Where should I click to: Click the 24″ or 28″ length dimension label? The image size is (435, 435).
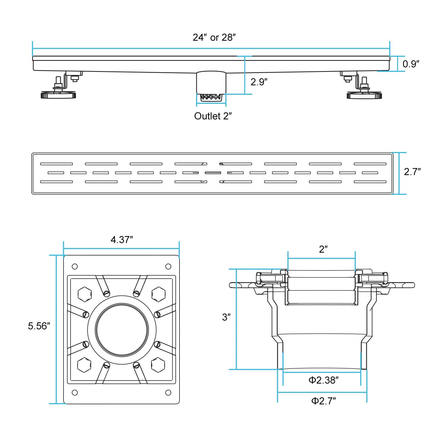(214, 37)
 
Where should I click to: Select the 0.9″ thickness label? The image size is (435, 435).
(411, 64)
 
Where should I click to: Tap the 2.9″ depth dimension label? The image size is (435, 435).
(259, 82)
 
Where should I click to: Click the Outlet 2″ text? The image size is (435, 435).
(213, 116)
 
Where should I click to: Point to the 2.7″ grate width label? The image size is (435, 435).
(412, 172)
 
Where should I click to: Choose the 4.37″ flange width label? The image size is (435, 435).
(122, 240)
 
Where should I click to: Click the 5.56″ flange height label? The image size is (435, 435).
(39, 326)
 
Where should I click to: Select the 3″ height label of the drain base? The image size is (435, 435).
(226, 317)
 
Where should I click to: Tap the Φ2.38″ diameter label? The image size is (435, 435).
(323, 380)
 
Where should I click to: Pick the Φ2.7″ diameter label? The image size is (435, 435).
(323, 401)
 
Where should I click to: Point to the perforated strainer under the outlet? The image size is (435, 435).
(211, 97)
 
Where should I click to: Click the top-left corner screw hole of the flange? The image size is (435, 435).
(75, 267)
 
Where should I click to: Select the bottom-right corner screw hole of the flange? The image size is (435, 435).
(168, 393)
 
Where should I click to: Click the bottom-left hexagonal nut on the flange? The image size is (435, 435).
(84, 365)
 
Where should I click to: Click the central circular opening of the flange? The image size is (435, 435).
(122, 330)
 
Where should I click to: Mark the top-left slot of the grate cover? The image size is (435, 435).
(56, 164)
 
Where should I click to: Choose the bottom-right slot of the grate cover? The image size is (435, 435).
(370, 182)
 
